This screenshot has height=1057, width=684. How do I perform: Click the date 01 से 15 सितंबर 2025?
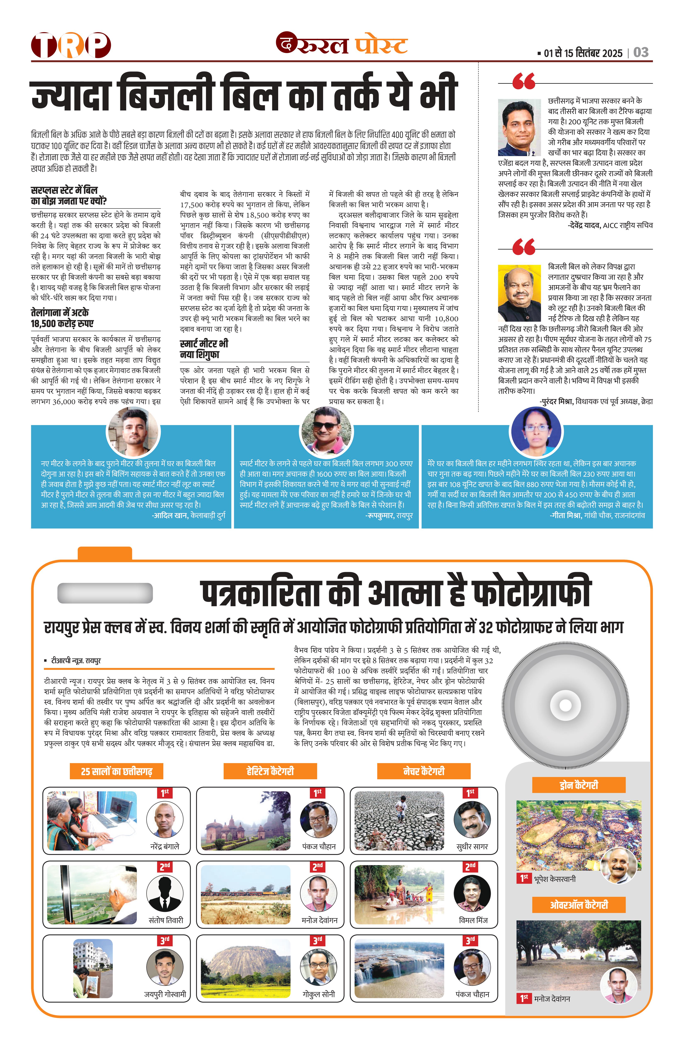[x=583, y=53]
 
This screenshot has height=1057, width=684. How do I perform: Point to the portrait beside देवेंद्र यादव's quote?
[x=519, y=128]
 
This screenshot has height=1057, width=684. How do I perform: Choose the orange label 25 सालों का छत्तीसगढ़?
[x=116, y=771]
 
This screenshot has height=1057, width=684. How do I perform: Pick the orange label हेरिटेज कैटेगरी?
[x=270, y=771]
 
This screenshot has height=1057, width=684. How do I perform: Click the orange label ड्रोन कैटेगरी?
[x=579, y=785]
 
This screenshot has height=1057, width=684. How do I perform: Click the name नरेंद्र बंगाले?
[x=164, y=846]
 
